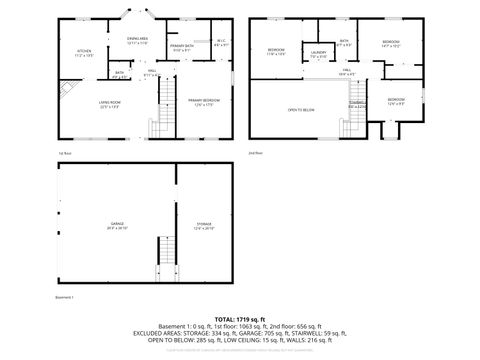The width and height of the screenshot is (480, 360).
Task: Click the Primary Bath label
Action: [x=182, y=47]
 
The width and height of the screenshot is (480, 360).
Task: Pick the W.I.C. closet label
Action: [x=220, y=43]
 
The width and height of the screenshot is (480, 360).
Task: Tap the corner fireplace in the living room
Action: [x=65, y=89]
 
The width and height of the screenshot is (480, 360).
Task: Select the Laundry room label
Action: [x=318, y=54]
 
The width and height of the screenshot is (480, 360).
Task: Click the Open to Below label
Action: [x=299, y=109]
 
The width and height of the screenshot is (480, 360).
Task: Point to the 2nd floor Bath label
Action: [x=343, y=43]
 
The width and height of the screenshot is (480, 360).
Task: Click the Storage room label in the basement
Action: [x=203, y=225]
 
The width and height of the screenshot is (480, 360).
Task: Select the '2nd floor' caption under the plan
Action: [x=255, y=153]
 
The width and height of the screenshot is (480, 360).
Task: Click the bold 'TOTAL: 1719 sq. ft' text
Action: [x=239, y=318]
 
